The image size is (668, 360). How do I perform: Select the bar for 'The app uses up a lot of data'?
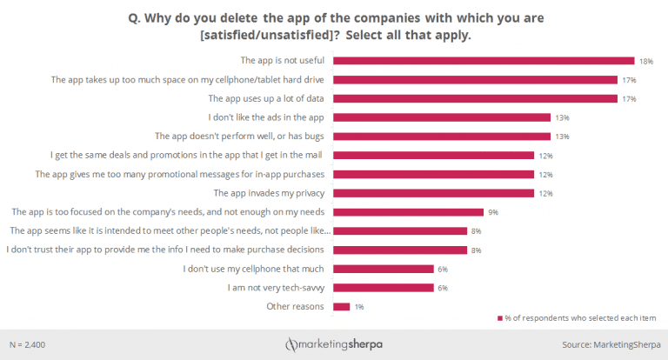[x=477, y=98]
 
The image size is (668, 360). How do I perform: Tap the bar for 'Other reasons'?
[x=341, y=306]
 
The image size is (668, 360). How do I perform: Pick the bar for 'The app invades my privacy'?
[x=433, y=193]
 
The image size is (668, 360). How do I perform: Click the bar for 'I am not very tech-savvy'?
[x=383, y=287]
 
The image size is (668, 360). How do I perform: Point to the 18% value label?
[x=646, y=61]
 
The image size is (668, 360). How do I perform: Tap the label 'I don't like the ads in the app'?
[x=267, y=117]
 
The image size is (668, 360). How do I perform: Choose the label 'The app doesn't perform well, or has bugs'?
[x=239, y=137]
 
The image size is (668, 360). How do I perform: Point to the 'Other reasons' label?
[x=296, y=306]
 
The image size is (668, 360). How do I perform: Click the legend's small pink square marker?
[x=499, y=318]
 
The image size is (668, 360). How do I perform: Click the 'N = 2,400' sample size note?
[x=28, y=345]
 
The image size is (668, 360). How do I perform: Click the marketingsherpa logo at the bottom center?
[x=333, y=345]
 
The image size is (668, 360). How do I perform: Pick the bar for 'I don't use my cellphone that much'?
[x=383, y=269]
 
